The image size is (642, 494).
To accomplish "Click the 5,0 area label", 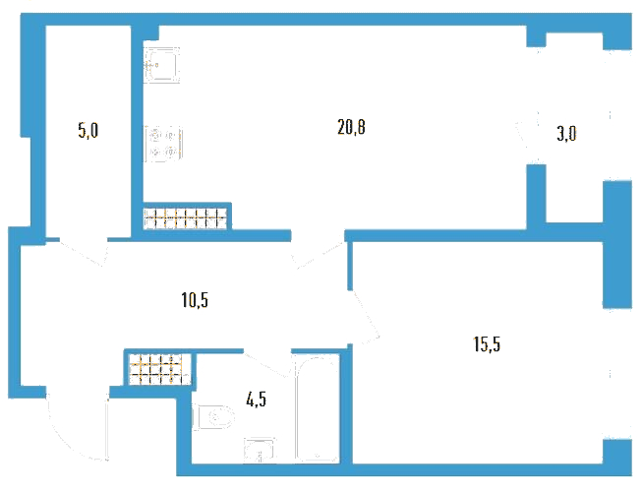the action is (88, 131).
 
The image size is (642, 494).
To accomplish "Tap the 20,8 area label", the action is (351, 127).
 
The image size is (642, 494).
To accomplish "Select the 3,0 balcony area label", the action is (566, 134).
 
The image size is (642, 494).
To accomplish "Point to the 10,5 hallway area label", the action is (195, 300).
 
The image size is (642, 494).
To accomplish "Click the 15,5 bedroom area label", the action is (487, 344).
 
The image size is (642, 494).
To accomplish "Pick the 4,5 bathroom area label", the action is (257, 399).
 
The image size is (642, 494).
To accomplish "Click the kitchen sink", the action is (161, 65).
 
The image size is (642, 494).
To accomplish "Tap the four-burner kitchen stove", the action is (163, 144).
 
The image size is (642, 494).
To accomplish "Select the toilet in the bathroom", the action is (213, 417).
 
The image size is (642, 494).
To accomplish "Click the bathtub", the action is (318, 408).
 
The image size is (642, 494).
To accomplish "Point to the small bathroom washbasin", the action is (260, 450).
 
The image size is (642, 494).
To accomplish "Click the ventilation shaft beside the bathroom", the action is (160, 369).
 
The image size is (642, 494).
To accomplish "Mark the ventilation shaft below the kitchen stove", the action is (185, 218).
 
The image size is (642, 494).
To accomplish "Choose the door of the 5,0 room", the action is (83, 252).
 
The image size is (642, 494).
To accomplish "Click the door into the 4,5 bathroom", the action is (267, 363).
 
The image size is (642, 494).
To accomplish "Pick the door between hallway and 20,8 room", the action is (318, 255).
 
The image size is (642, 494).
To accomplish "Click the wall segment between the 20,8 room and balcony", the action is (537, 197).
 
